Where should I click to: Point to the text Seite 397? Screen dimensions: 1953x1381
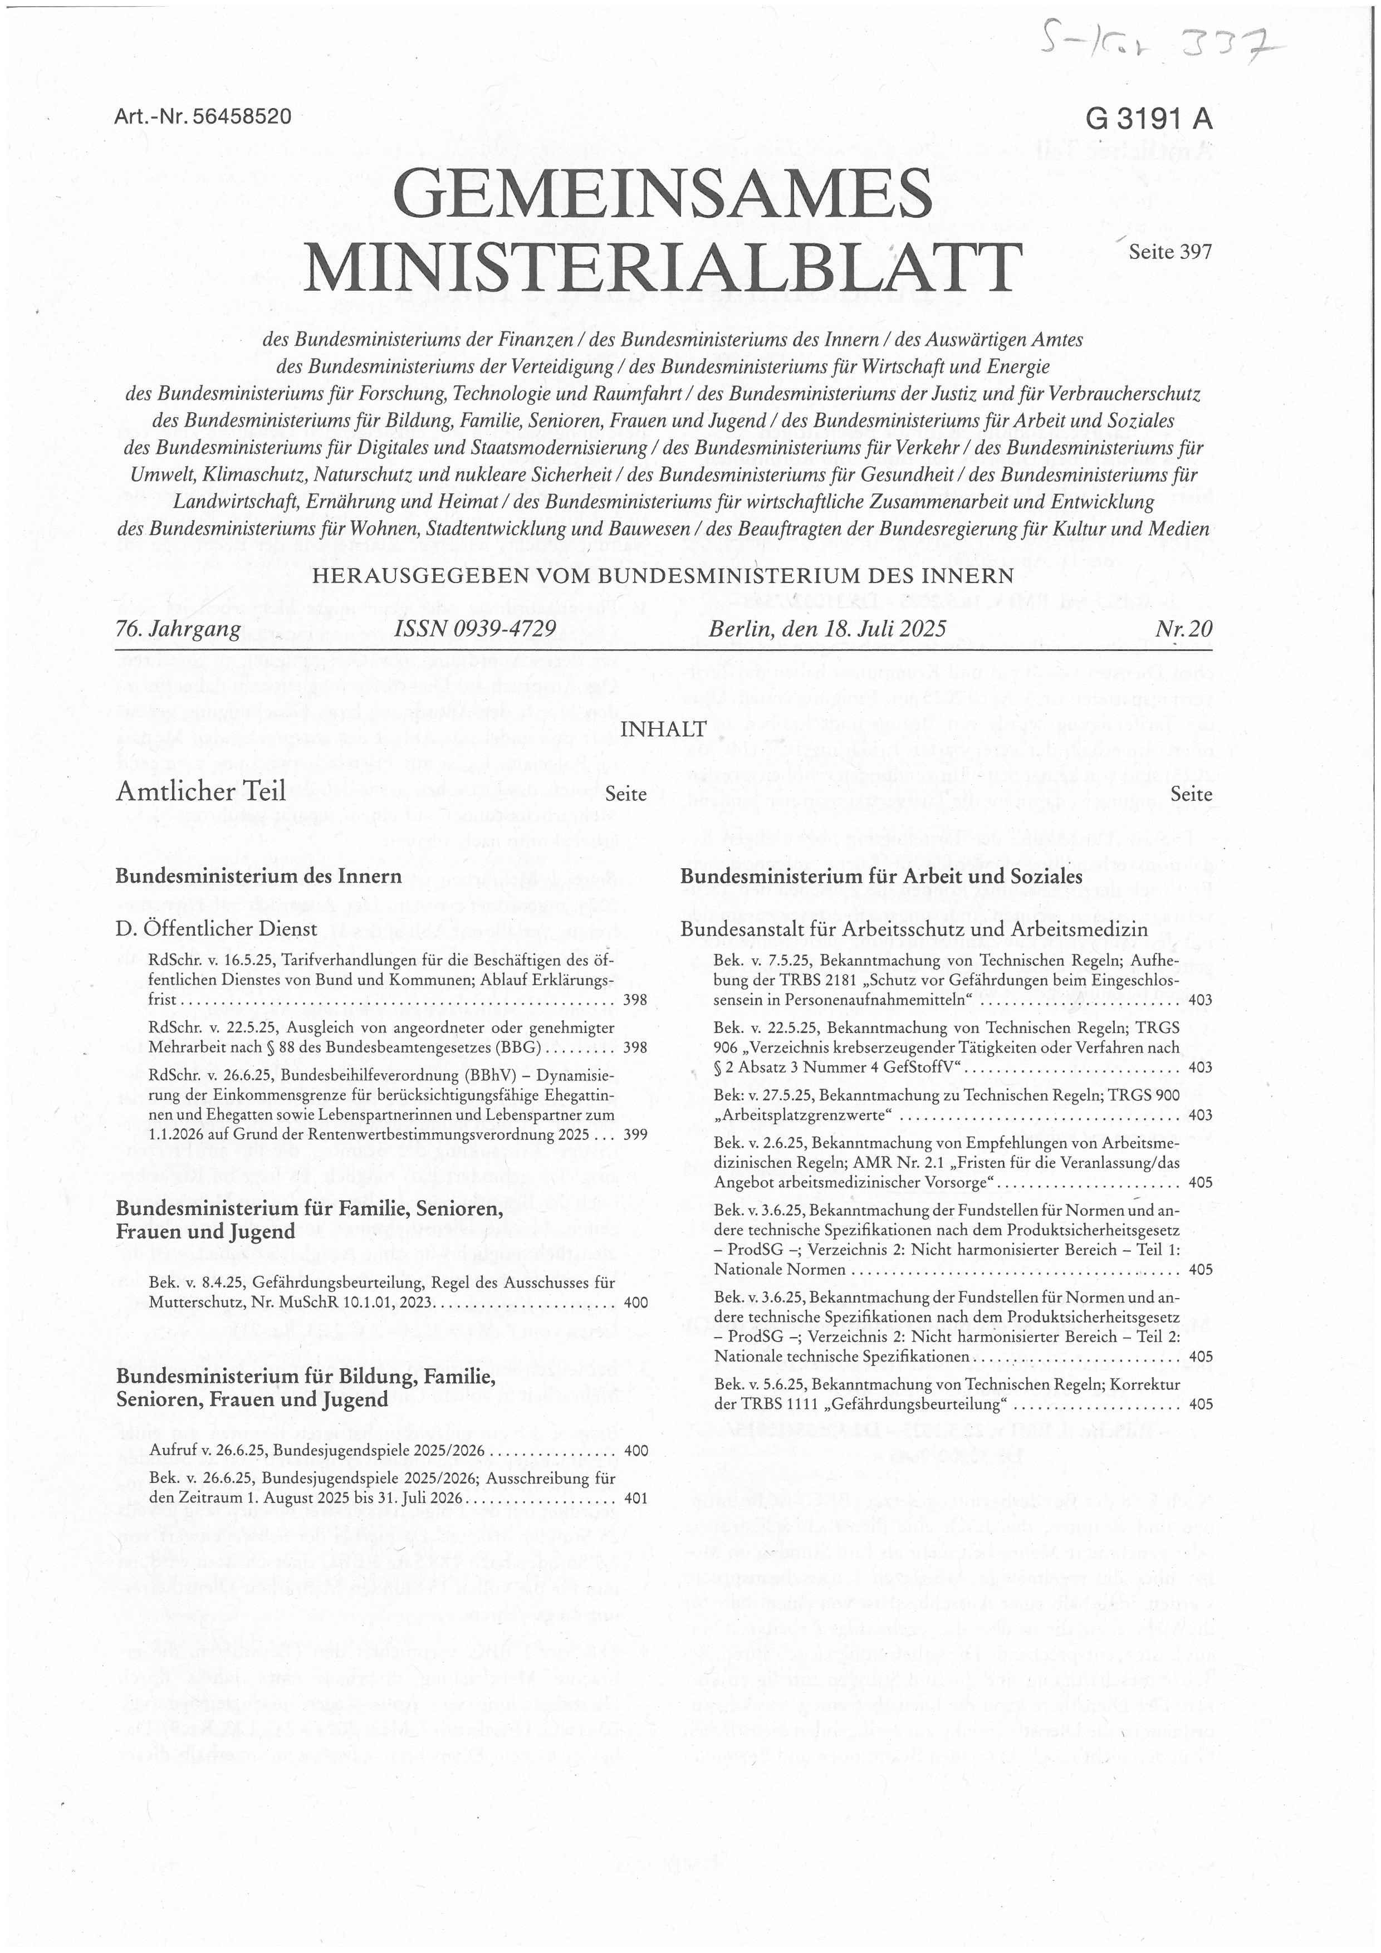pyautogui.click(x=1169, y=252)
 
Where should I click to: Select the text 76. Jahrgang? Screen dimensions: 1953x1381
pyautogui.click(x=178, y=629)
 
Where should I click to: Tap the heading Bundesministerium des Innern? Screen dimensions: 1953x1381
pyautogui.click(x=258, y=876)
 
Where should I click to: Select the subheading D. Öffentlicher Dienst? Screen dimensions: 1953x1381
pyautogui.click(x=216, y=928)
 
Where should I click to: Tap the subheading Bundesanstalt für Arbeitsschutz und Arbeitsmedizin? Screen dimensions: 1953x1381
pyautogui.click(x=914, y=929)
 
